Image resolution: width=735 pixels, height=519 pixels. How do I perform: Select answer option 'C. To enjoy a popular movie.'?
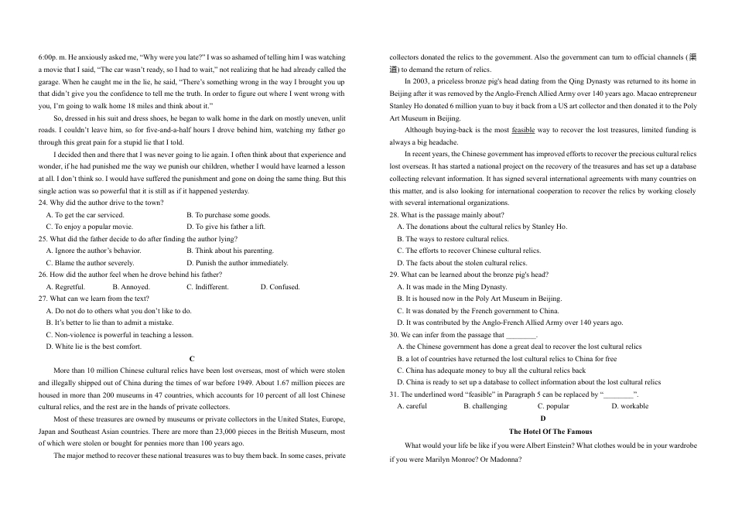point(89,227)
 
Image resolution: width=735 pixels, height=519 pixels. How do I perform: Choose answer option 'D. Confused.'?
point(280,287)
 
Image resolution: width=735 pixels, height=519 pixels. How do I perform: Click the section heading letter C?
point(192,359)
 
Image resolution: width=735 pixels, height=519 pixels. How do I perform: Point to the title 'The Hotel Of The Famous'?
point(550,432)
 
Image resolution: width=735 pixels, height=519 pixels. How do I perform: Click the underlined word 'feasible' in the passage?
point(523,130)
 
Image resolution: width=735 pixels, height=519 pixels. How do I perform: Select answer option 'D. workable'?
point(630,406)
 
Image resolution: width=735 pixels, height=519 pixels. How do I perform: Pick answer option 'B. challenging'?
point(485,406)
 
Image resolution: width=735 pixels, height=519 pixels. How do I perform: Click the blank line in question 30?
point(521,335)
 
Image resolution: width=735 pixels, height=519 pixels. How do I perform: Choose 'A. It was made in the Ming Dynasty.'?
point(452,287)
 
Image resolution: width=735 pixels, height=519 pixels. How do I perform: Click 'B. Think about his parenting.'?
point(230,251)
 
